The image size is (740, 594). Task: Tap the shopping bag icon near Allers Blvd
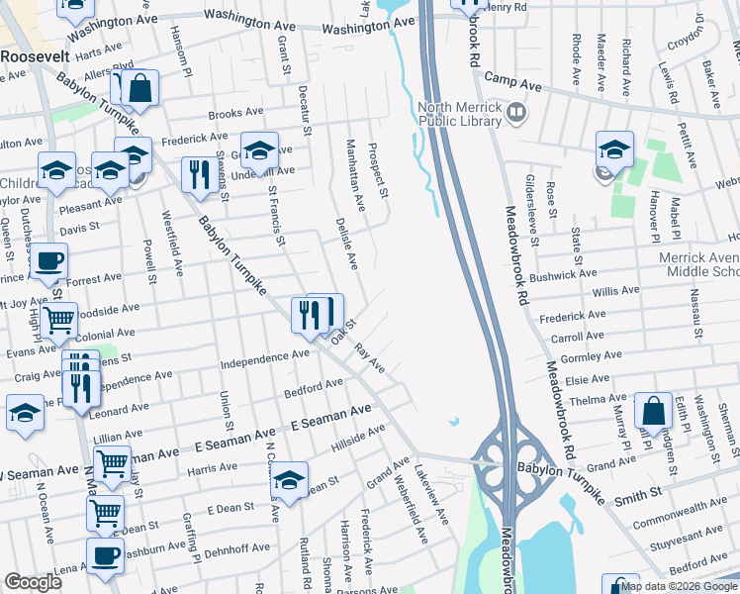141,88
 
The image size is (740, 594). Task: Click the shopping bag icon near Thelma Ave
653,410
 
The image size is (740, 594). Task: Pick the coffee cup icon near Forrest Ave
48,262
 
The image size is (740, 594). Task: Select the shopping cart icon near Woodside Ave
60,320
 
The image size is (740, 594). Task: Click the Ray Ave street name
369,357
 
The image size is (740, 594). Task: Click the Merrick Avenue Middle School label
699,264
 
